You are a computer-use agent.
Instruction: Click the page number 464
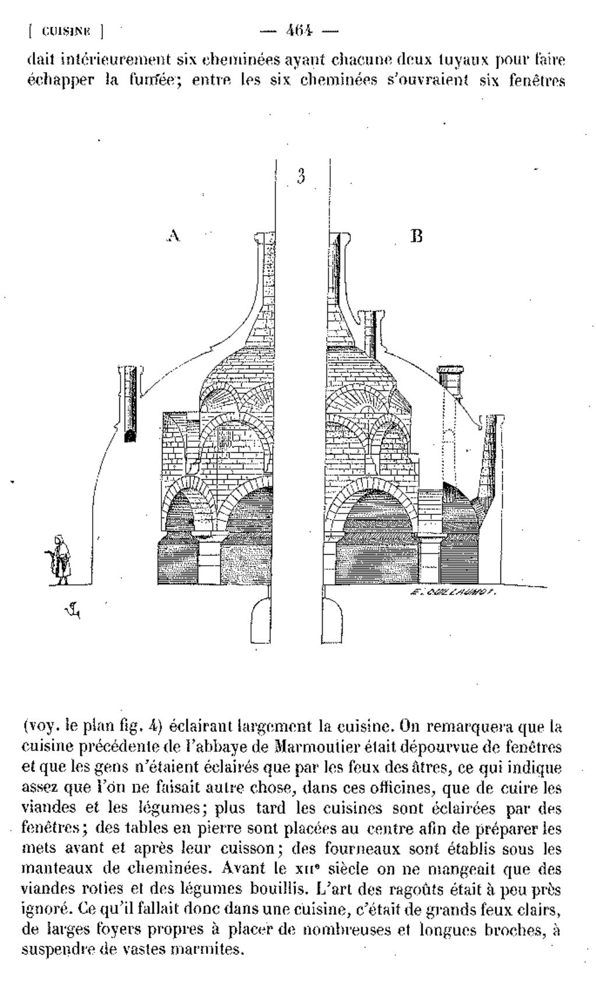point(299,30)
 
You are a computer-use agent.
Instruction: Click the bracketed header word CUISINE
point(66,31)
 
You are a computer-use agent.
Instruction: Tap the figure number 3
point(301,176)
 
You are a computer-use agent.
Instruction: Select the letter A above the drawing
point(174,235)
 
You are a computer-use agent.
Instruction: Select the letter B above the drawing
point(416,236)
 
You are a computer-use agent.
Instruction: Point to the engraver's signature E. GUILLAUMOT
point(452,591)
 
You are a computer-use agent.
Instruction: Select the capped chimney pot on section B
point(450,382)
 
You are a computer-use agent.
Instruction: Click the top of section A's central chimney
point(266,235)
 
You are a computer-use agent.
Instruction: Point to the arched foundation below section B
point(332,619)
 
